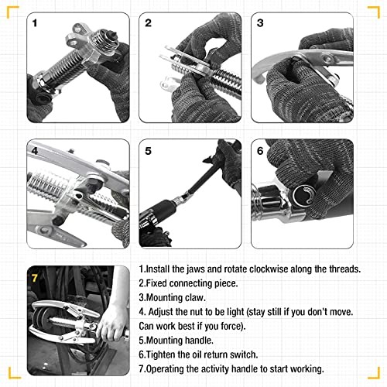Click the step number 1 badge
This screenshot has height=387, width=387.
pyautogui.click(x=35, y=24)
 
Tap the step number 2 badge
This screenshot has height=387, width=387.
pyautogui.click(x=148, y=24)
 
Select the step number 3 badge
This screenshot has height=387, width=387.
pyautogui.click(x=261, y=24)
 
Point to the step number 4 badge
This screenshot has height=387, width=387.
pyautogui.click(x=35, y=149)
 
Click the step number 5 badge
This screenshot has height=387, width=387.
pyautogui.click(x=148, y=149)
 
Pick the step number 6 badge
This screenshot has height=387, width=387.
pyautogui.click(x=261, y=149)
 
